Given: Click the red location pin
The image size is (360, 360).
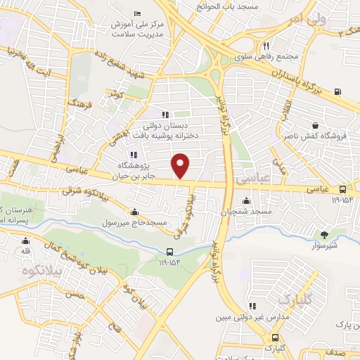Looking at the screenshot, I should click(181, 167).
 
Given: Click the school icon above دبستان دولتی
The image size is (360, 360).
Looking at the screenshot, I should click(166, 115).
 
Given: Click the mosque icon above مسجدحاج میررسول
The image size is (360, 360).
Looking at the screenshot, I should click(134, 212).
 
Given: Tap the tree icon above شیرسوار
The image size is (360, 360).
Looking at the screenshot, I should click(324, 236).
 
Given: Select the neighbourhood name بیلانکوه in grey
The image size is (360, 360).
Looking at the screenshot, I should click(37, 271).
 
